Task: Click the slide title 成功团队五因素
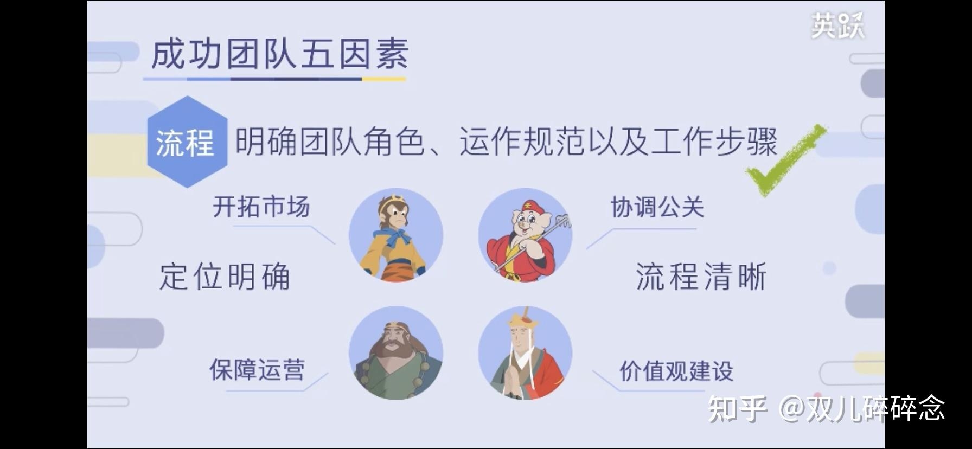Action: pos(279,55)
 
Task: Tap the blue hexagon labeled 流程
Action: pos(186,142)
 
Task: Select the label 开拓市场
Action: pos(261,207)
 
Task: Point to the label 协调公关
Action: pos(657,207)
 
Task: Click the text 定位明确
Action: pos(225,277)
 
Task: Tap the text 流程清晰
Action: pos(701,277)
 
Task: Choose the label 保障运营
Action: pos(257,370)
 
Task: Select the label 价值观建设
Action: pos(676,371)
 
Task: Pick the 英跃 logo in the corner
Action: pos(837,25)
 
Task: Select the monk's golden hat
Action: pos(523,322)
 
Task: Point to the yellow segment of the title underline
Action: pos(383,79)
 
